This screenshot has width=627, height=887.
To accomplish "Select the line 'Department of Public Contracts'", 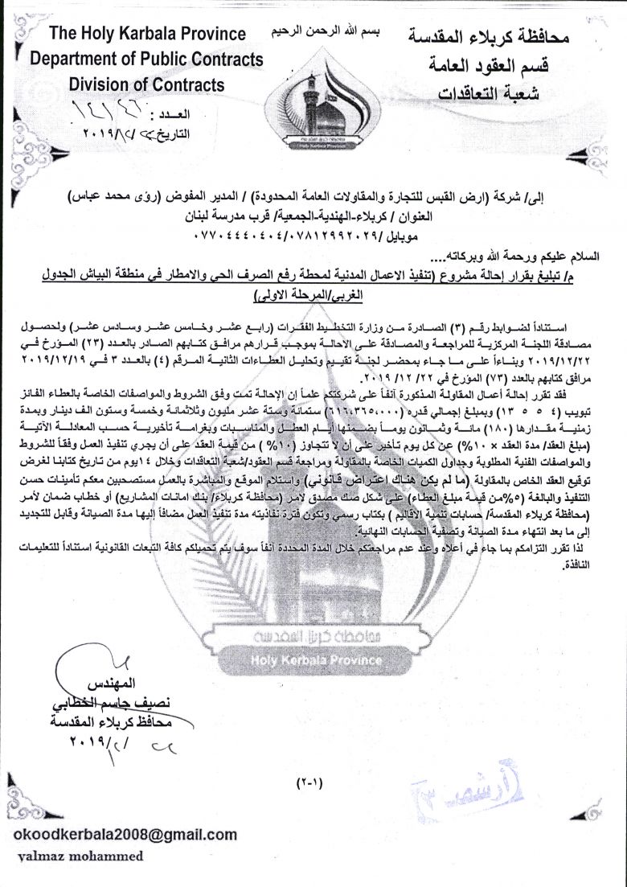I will (146, 59).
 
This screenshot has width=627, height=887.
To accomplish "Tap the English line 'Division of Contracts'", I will (146, 84).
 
